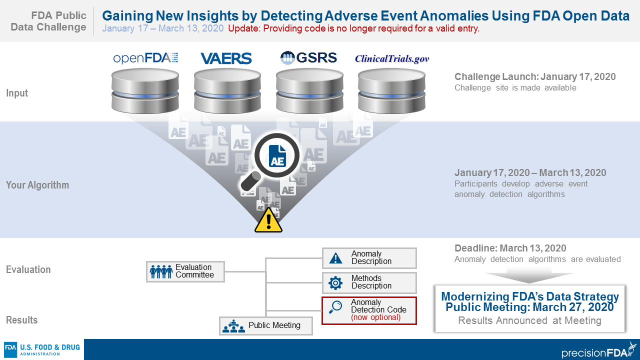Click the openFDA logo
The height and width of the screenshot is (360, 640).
pos(145,58)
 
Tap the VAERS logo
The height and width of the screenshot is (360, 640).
pos(226,58)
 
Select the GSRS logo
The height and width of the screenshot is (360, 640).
pos(308,57)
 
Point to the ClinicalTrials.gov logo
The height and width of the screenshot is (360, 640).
pos(392,58)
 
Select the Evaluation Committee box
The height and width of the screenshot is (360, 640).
pos(185,271)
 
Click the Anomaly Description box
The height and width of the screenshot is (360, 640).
pos(369,258)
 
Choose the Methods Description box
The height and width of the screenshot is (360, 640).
pos(369,282)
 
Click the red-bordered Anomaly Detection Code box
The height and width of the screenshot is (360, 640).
pos(369,310)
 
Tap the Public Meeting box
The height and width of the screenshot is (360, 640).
pos(266,325)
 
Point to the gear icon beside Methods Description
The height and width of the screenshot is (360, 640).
pos(335,283)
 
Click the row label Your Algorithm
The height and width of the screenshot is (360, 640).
pos(37,185)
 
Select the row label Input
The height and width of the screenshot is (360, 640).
pos(17,93)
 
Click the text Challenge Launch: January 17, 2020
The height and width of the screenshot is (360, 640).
pos(535,77)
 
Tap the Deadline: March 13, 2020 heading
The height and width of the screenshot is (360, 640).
pos(510,248)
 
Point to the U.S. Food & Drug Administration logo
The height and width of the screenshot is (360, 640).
pos(42,349)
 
